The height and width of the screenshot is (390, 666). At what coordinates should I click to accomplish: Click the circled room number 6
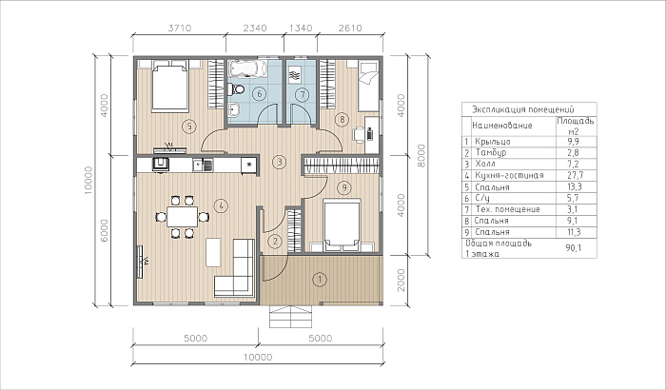260,94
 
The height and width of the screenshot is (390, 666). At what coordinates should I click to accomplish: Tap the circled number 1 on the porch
320,280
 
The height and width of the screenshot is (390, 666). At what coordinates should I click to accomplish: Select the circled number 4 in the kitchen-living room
221,206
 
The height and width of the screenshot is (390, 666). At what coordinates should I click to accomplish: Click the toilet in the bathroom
236,89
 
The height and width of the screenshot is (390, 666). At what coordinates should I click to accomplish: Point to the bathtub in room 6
247,68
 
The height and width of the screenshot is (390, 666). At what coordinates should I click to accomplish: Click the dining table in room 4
183,217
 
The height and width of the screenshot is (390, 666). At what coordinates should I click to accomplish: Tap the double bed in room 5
170,86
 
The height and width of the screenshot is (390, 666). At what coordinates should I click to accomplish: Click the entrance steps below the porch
291,317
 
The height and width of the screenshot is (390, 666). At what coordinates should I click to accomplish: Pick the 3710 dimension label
180,28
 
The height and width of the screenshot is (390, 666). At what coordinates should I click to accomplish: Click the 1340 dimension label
301,28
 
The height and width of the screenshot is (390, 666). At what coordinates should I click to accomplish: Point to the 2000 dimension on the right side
401,281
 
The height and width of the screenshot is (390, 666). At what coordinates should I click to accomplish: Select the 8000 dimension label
421,155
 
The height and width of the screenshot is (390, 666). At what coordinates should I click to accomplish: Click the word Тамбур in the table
491,152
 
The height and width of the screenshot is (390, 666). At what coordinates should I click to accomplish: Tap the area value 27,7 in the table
575,175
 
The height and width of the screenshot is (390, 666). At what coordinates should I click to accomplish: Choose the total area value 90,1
574,248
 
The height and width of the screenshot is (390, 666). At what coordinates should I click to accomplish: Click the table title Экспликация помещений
523,109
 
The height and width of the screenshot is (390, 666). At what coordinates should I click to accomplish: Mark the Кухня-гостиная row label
509,175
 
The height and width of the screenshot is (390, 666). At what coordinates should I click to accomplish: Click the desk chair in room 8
359,135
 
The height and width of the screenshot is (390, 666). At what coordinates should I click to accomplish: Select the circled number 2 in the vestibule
275,242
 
